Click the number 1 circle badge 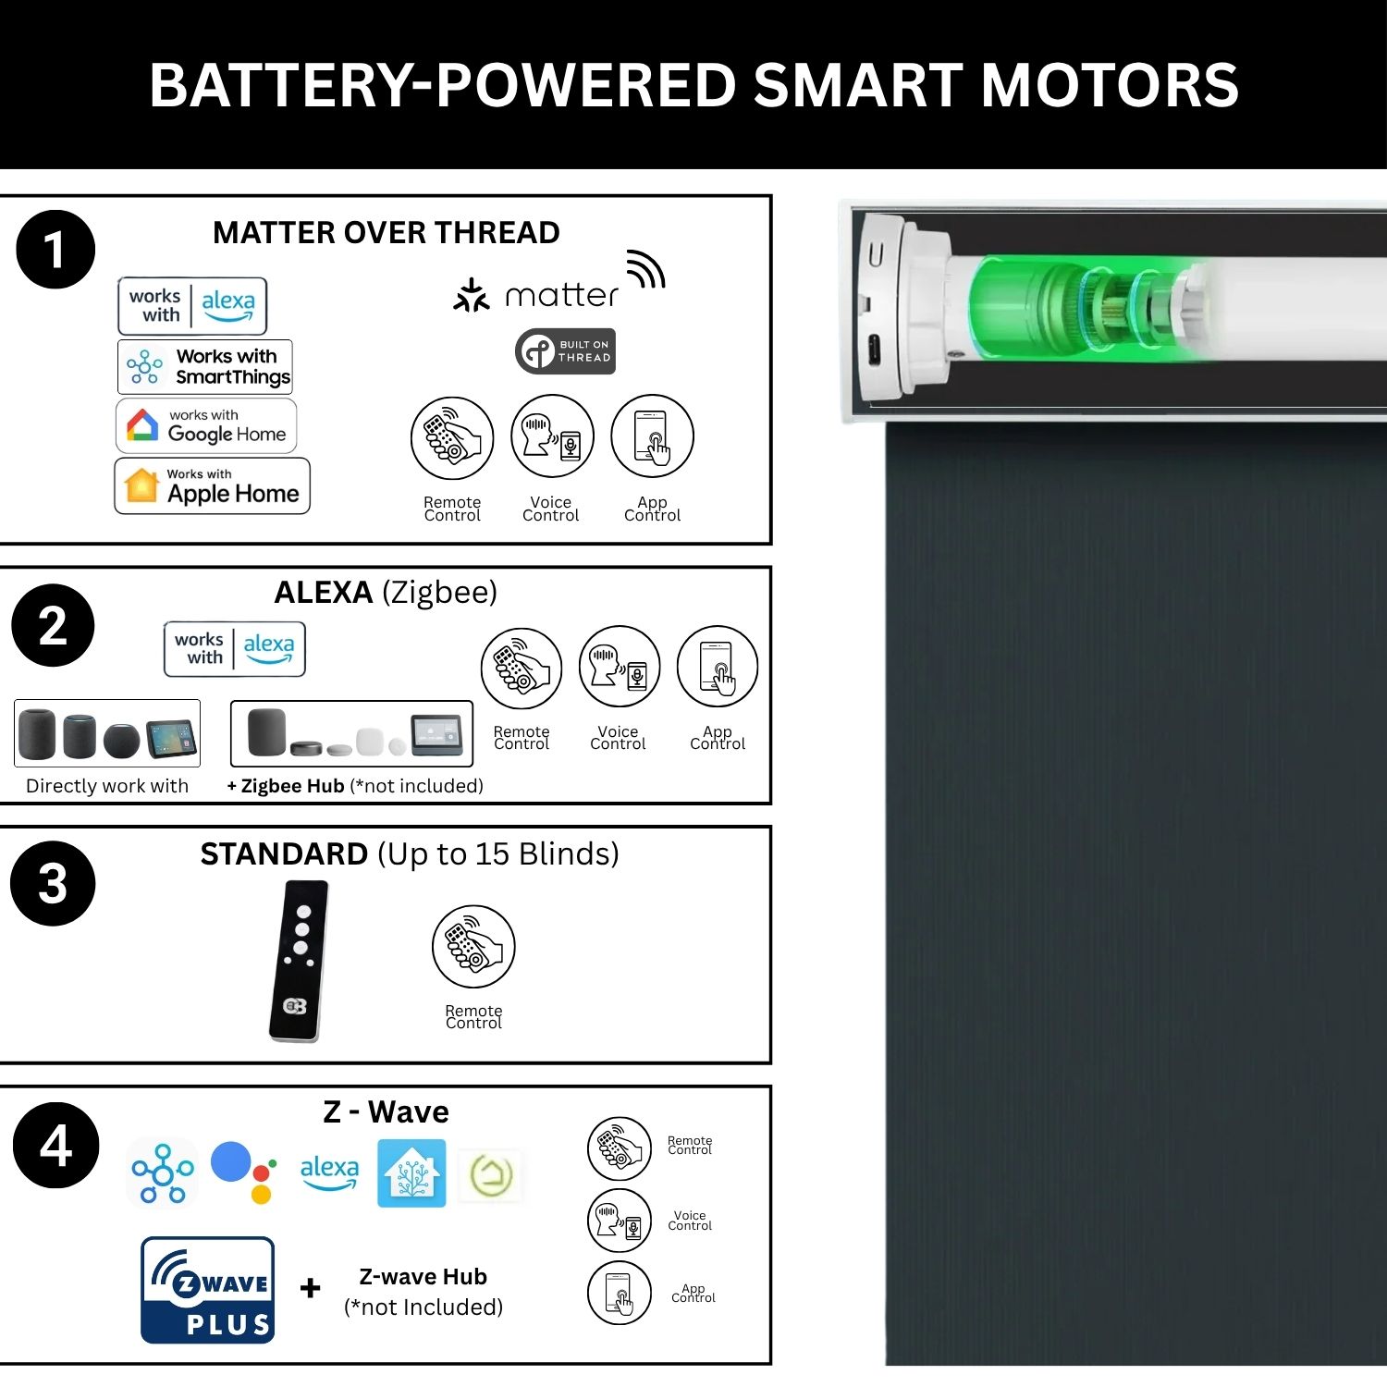coord(55,250)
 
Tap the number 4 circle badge coord(55,1145)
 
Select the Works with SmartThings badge coord(205,366)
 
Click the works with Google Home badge coord(206,425)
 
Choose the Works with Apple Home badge coord(212,485)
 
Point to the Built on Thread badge coord(565,351)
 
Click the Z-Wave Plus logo coord(208,1290)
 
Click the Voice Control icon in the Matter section coord(552,436)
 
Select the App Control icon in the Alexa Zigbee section coord(718,668)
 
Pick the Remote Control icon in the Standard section coord(473,947)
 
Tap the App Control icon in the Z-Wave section coord(620,1293)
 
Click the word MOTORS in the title coord(1110,85)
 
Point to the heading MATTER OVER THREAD coord(387,232)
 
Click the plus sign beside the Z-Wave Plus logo coord(311,1287)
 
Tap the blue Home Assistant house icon coord(411,1172)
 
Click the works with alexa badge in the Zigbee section coord(235,649)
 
